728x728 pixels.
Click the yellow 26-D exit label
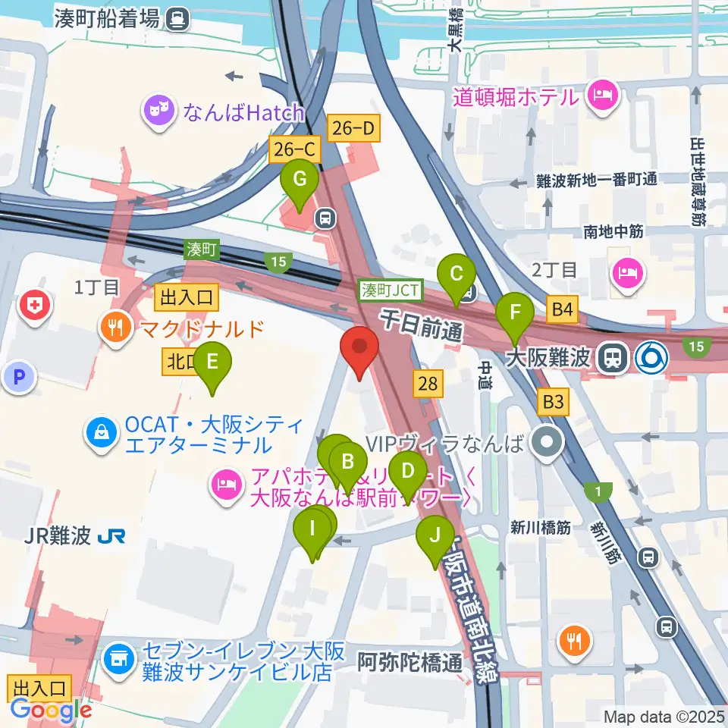[353, 129]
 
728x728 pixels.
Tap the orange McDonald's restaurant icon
[115, 328]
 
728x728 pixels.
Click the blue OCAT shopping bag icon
[100, 434]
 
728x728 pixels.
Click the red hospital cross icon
[34, 306]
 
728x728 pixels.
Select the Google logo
[52, 710]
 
